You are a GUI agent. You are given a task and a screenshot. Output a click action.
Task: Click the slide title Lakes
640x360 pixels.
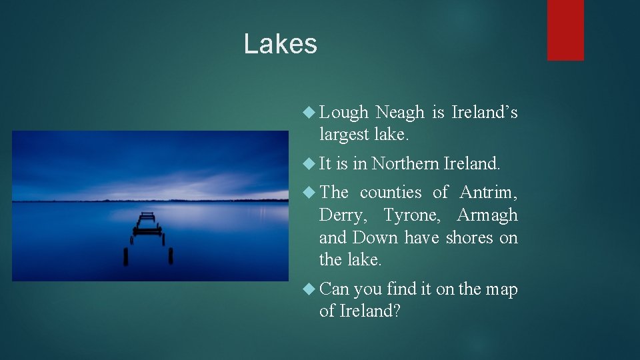(x=280, y=44)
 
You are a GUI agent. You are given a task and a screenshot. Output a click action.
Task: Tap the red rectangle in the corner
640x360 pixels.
(x=565, y=29)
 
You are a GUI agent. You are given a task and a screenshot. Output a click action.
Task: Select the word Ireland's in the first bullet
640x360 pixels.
(x=485, y=113)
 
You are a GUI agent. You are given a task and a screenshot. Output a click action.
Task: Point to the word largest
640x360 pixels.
(x=344, y=135)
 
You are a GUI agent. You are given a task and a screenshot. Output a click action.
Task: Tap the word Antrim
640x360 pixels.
(x=488, y=193)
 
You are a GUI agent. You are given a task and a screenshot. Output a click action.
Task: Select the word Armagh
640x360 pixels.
(x=487, y=215)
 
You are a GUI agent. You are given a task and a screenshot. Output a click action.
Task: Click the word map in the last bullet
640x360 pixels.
(x=501, y=289)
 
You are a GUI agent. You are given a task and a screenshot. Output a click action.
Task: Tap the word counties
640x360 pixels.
(x=391, y=193)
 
